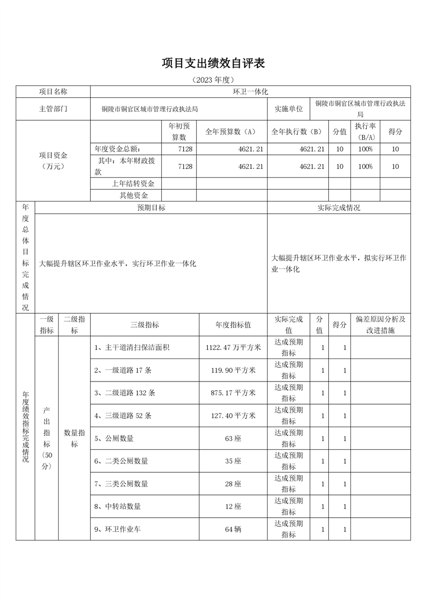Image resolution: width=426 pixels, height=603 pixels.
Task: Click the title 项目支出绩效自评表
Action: (213, 63)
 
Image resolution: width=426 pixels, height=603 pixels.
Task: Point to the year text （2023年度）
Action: (213, 80)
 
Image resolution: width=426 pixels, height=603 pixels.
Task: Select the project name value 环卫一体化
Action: (250, 92)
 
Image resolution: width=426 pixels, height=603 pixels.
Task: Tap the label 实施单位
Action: (288, 109)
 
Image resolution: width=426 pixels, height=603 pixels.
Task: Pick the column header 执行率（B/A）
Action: (365, 132)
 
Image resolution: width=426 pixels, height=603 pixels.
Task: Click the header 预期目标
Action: (151, 208)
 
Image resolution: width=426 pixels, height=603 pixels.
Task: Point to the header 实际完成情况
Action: (338, 208)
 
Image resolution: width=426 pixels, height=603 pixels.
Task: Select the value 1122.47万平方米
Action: (233, 348)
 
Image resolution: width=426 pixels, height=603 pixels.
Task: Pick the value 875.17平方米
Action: (233, 393)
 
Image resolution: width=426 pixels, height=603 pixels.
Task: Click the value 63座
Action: (233, 439)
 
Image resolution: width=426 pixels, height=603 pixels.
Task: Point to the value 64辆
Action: (233, 529)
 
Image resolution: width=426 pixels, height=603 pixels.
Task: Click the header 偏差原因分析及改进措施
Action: (380, 325)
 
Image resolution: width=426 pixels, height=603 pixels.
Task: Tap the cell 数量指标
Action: (75, 438)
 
